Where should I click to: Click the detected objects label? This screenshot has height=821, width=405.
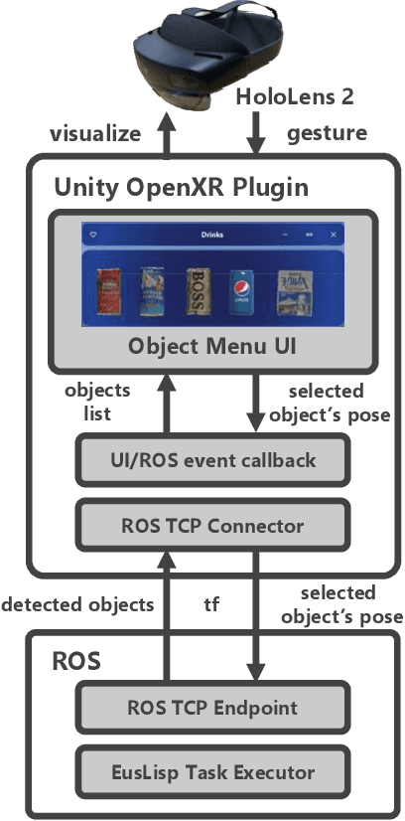pyautogui.click(x=78, y=603)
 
